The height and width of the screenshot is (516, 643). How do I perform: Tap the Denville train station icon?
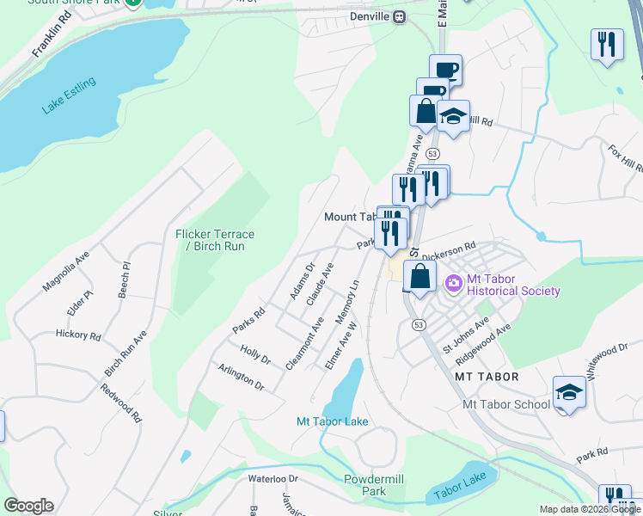point(400,17)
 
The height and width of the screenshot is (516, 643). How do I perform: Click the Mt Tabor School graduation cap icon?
point(568,393)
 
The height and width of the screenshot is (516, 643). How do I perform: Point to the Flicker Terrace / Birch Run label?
point(215,240)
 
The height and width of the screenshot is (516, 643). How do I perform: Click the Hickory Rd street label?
point(78,334)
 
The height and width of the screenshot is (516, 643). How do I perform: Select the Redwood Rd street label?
point(120,402)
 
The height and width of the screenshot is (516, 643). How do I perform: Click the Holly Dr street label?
point(255,353)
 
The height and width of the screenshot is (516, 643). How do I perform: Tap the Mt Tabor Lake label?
point(332,421)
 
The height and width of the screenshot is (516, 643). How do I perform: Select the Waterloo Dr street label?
point(273,478)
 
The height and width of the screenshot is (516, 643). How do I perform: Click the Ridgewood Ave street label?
point(483,340)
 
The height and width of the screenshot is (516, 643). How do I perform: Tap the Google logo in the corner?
point(28,506)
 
